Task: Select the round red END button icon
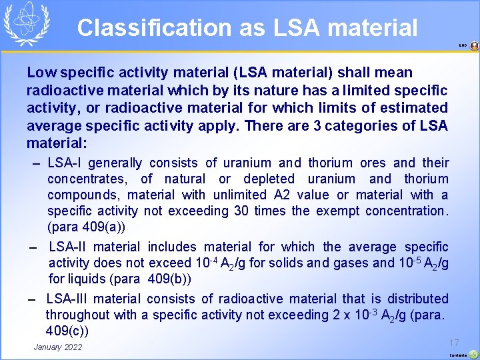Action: [x=474, y=46]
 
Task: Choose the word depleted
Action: [x=269, y=179]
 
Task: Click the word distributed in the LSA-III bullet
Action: [x=413, y=299]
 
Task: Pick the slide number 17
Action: [x=454, y=343]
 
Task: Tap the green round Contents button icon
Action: [x=473, y=355]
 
